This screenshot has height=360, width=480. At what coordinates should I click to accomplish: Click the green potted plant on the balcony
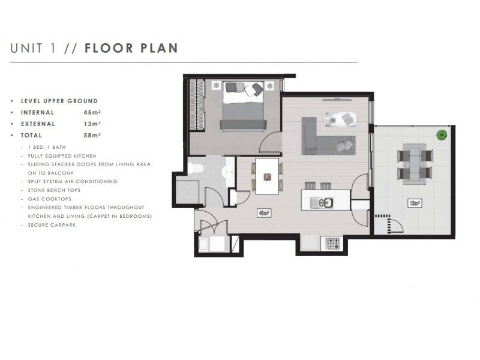[442, 134]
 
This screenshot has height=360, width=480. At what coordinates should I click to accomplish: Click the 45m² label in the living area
[263, 212]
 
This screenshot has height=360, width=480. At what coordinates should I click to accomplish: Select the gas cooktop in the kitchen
[332, 244]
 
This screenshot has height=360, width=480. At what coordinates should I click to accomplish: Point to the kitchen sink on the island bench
[322, 203]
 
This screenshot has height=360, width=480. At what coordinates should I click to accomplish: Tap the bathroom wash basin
[228, 173]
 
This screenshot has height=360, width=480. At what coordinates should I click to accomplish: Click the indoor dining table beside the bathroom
[266, 176]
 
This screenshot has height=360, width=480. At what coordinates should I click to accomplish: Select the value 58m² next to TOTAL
[92, 136]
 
